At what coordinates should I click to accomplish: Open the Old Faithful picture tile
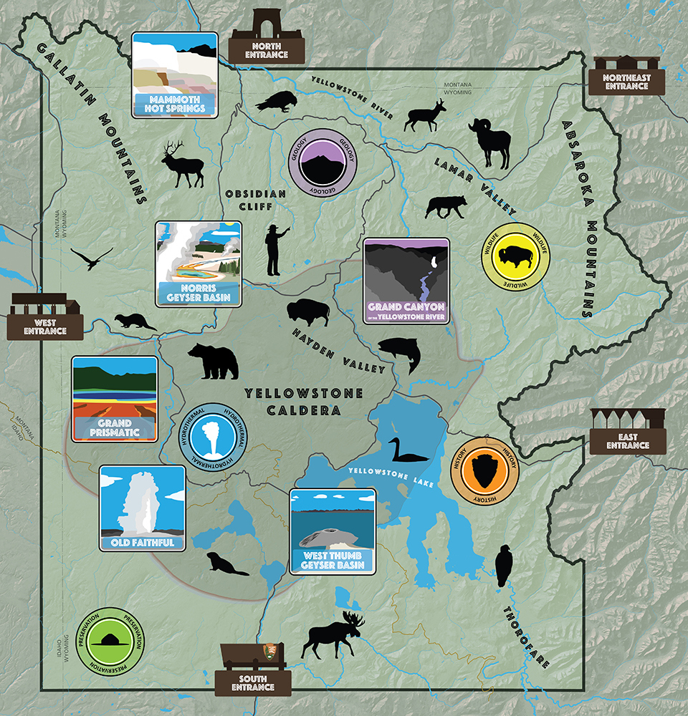pos(142,508)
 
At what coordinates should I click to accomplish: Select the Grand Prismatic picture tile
pos(115,399)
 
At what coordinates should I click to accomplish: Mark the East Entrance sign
pos(627,431)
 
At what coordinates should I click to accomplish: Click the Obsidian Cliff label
pos(256,204)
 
